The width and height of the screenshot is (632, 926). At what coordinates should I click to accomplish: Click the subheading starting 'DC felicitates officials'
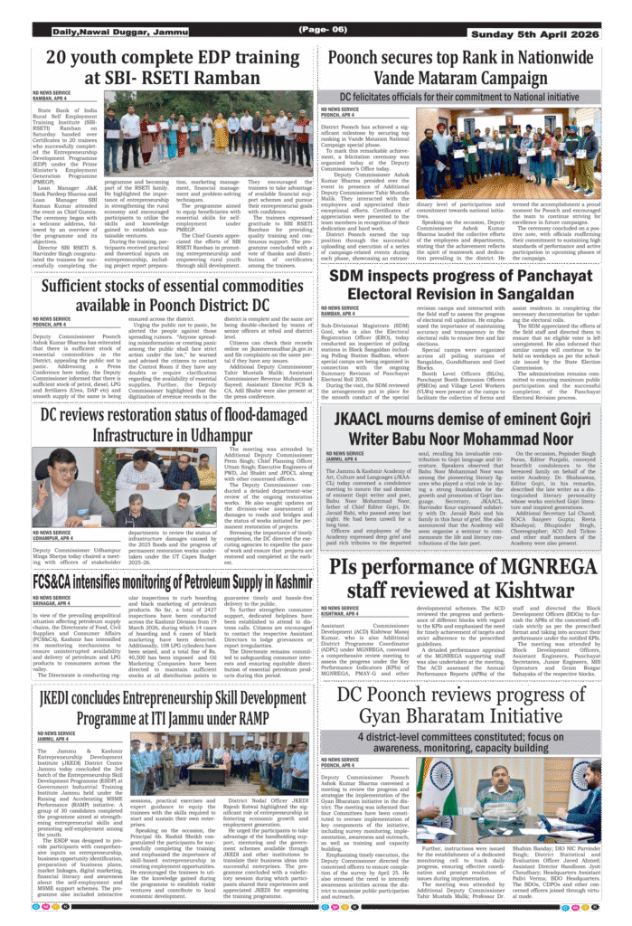pyautogui.click(x=459, y=97)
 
